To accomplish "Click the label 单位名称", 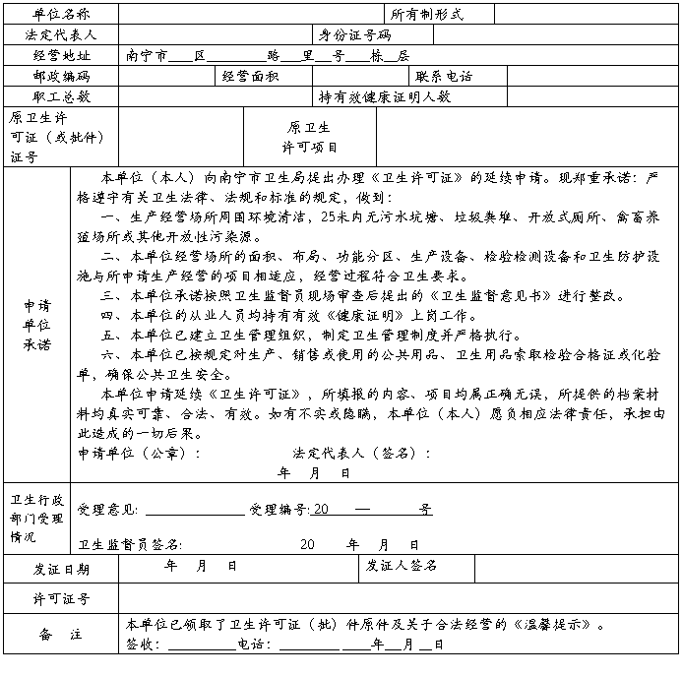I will click(x=61, y=15).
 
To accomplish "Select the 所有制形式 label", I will click(x=427, y=15).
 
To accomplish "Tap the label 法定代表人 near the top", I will click(x=61, y=34).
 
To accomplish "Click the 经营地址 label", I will click(x=61, y=55).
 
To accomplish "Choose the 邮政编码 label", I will click(x=61, y=76).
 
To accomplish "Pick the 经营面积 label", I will click(x=250, y=76).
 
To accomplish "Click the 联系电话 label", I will click(x=444, y=76).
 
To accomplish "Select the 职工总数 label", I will click(x=61, y=96).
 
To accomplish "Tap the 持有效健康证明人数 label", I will click(x=384, y=96).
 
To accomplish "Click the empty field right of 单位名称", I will click(x=251, y=15).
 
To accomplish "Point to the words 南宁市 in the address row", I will click(x=148, y=55).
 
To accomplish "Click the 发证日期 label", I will click(x=61, y=569).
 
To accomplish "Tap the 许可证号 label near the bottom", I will click(x=61, y=598).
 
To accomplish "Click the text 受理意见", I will click(x=110, y=510).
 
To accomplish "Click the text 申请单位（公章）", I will click(x=139, y=454).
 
